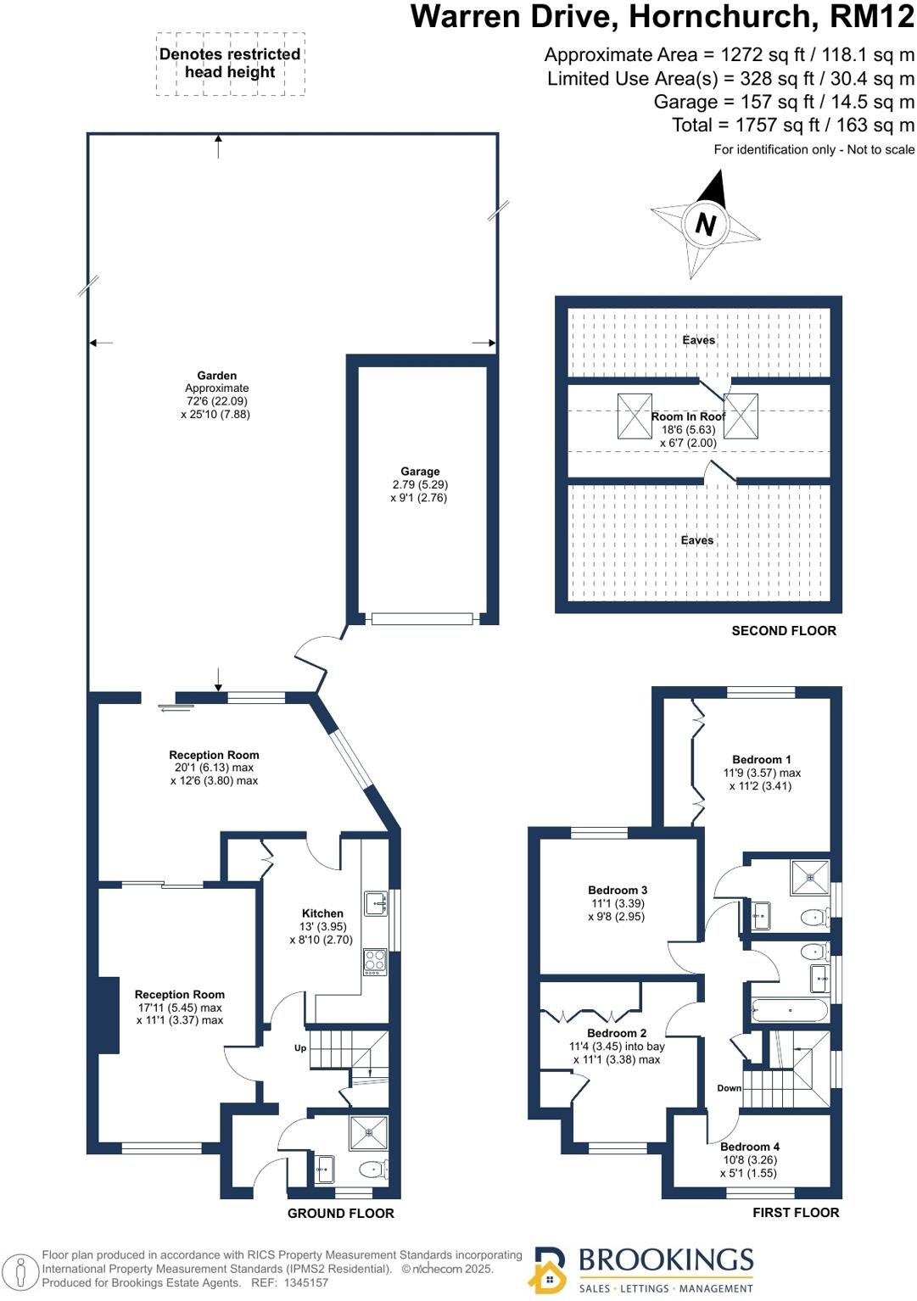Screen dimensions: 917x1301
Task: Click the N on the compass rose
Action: pos(705,224)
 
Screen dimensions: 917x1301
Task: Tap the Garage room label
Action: pos(420,472)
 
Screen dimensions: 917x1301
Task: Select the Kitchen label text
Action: pos(322,913)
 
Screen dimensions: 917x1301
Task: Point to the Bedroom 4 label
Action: pos(750,1147)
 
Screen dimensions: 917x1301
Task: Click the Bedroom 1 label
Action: pos(762,760)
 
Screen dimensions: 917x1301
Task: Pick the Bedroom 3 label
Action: pos(618,891)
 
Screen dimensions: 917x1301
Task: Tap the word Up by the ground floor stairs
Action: pos(300,1048)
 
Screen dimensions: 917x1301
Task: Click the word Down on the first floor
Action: pos(729,1088)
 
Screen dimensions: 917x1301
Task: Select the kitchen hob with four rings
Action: pos(375,963)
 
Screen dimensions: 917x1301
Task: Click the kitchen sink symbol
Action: pos(376,903)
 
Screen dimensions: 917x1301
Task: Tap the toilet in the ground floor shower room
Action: pos(374,1169)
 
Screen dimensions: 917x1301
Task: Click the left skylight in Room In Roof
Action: pos(635,416)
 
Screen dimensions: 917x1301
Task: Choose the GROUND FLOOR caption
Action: pos(341,1214)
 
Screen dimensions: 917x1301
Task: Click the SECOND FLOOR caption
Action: pos(784,631)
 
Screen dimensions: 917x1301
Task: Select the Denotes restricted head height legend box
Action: pos(231,64)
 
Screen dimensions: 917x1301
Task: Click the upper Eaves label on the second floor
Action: pos(699,340)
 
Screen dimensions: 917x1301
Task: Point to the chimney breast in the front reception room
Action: pos(109,1014)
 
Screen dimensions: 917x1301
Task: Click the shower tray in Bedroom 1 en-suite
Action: pos(809,878)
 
